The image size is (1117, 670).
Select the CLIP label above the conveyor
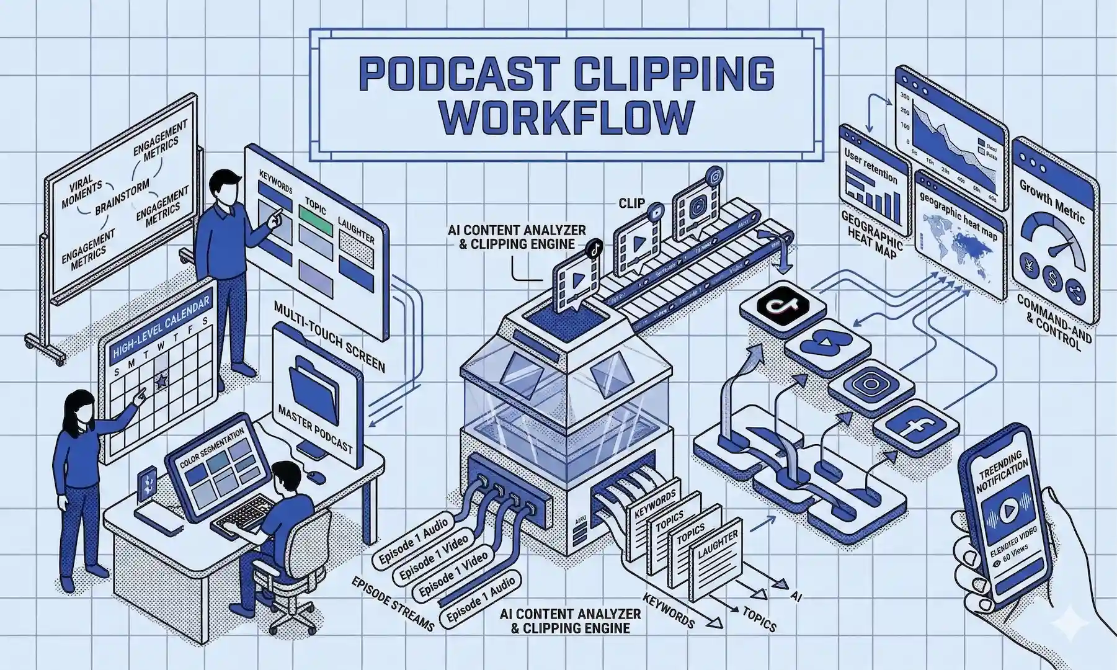(631, 203)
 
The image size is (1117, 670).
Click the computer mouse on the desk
(317, 477)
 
